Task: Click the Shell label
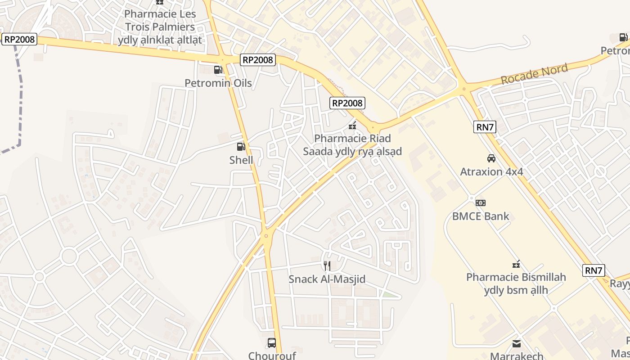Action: pos(241,160)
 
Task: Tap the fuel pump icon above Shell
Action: pos(241,146)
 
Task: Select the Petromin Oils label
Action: pos(218,83)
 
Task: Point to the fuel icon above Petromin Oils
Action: pos(218,69)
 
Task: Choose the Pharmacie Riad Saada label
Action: pos(352,145)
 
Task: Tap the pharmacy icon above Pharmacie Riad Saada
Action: pos(352,126)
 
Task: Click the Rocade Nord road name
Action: pos(534,74)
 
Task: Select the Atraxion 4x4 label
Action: pos(491,171)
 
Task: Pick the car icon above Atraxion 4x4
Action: pos(491,158)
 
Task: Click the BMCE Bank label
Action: pos(481,216)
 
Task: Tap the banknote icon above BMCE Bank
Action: pos(481,203)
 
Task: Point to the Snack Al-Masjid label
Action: pos(327,279)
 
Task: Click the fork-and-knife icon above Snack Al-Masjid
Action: pos(327,266)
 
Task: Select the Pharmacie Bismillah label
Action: pos(516,283)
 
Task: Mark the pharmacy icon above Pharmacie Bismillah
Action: pos(516,264)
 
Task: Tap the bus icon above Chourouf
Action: pos(272,343)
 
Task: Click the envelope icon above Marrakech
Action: pos(516,344)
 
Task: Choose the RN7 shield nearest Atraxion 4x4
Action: pos(485,127)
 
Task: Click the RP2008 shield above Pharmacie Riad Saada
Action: pos(347,103)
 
